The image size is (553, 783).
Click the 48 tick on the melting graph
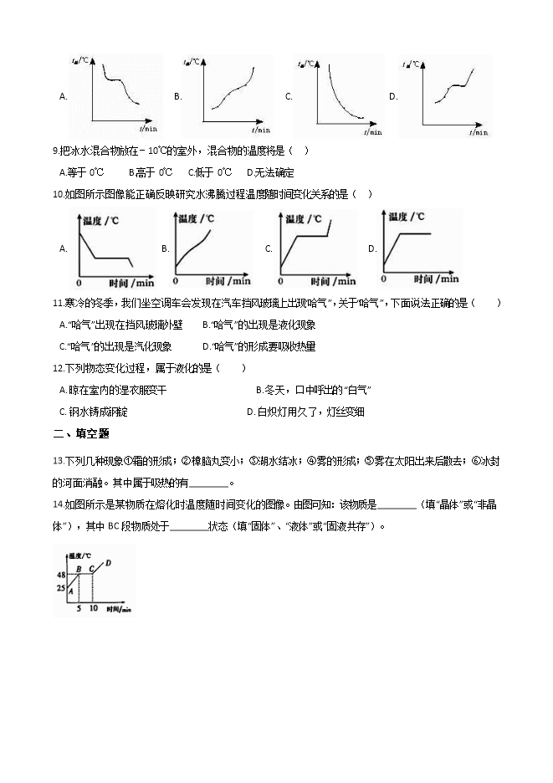point(61,575)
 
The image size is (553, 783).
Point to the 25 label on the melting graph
point(61,588)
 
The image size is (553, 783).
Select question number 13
point(58,461)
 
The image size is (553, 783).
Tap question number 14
point(58,504)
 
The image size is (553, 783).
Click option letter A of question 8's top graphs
point(63,96)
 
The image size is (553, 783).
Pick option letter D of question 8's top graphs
point(393,96)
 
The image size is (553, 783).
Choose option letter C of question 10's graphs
point(269,248)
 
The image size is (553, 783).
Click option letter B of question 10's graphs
point(166,248)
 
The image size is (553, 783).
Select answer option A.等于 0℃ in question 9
point(81,172)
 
